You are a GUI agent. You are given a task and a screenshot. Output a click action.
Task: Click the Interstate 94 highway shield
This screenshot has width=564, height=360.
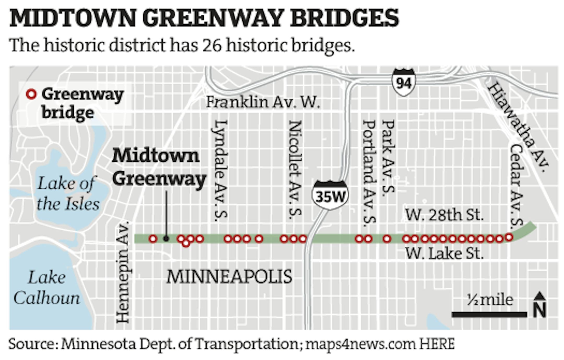click(x=404, y=82)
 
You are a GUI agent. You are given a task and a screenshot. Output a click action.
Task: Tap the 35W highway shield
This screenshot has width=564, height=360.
click(x=330, y=195)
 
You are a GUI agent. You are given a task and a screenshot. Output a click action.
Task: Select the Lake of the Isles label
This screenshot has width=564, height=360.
click(x=68, y=193)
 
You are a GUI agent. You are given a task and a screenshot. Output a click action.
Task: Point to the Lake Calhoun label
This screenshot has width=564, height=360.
click(x=47, y=288)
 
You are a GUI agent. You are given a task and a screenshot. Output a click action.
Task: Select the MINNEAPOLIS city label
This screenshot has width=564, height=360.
click(x=229, y=277)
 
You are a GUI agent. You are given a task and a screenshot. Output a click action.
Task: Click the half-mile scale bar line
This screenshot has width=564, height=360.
click(x=489, y=315)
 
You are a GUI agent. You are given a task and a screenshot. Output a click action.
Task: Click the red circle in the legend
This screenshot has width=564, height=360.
click(x=31, y=94)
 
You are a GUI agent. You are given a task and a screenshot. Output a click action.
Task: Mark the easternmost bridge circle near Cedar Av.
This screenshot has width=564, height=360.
click(x=509, y=237)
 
